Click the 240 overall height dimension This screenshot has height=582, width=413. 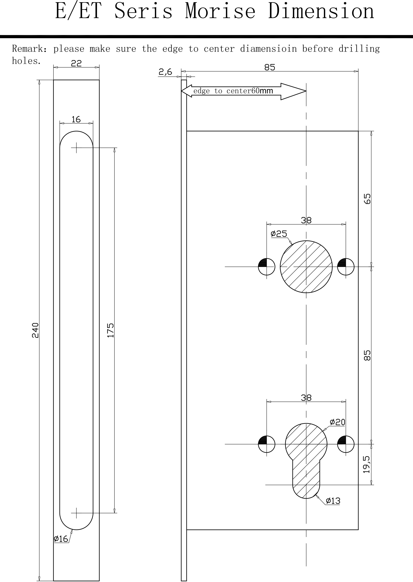click(x=35, y=330)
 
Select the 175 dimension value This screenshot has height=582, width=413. click(x=111, y=330)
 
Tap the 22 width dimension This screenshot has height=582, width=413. click(x=76, y=63)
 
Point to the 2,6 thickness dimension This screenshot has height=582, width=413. click(x=165, y=72)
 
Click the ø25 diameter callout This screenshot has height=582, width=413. click(x=279, y=234)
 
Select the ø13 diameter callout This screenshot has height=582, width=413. click(x=333, y=501)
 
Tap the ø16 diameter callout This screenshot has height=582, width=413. click(x=61, y=539)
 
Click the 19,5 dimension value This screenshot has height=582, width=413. click(x=367, y=464)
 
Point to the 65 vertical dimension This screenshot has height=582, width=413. click(x=367, y=199)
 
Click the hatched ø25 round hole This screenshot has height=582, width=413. click(x=306, y=267)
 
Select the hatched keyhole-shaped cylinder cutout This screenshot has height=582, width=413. click(x=306, y=458)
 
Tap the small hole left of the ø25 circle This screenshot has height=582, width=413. click(x=267, y=267)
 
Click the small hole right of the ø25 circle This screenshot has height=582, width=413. click(x=346, y=267)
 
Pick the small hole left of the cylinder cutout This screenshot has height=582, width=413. click(x=267, y=444)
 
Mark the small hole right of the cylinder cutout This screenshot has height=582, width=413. click(x=346, y=444)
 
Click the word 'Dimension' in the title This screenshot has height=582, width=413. click(x=321, y=11)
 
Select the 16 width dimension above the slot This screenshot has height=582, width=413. click(x=76, y=119)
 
